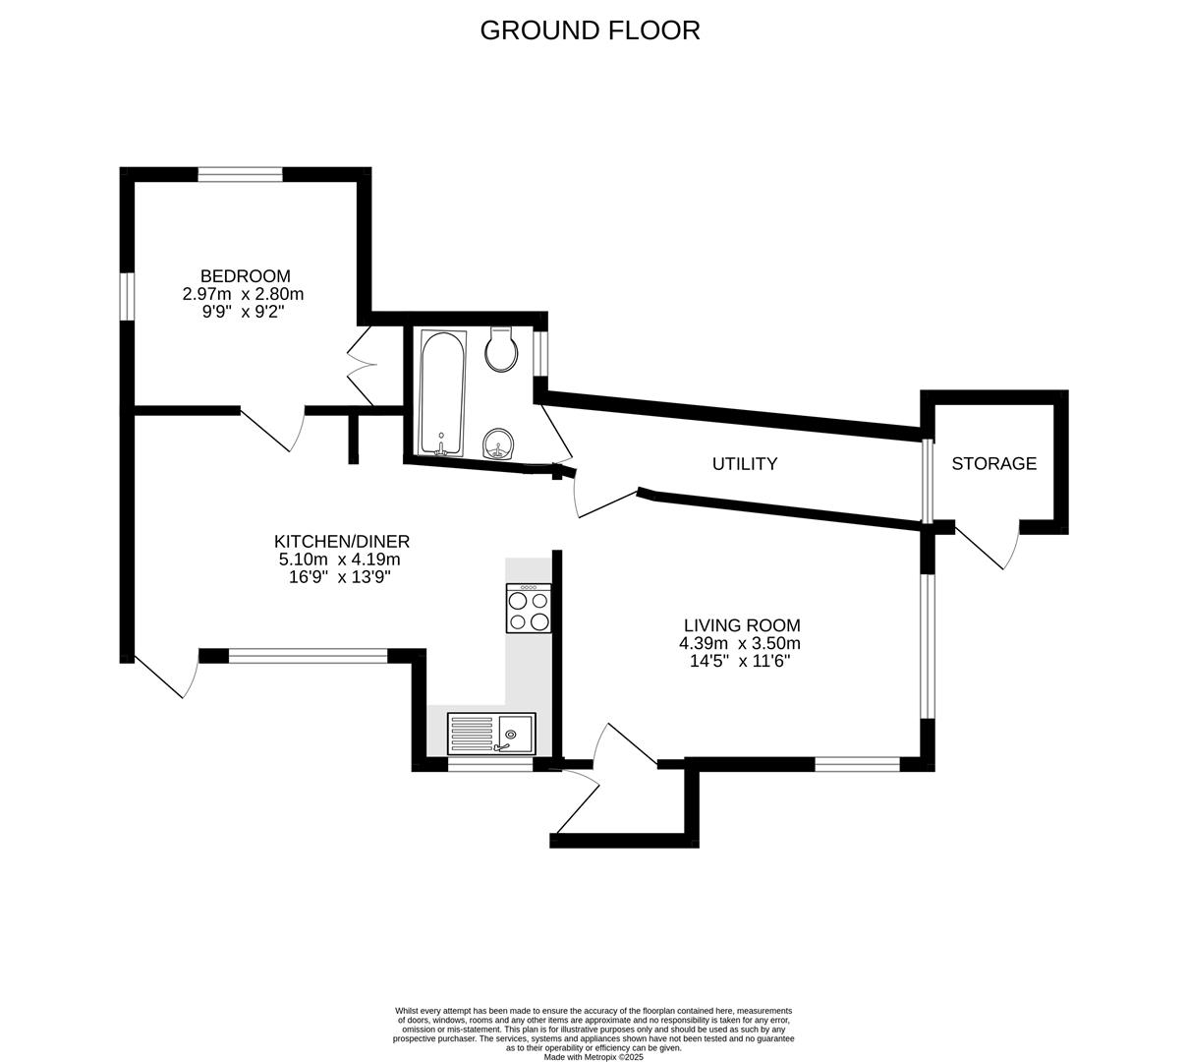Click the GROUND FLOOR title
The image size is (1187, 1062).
point(590,30)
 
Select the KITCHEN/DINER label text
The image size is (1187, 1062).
point(341,542)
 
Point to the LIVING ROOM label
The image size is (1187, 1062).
point(742,625)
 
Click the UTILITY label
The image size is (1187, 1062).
point(745,464)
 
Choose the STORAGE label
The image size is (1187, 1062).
point(993,463)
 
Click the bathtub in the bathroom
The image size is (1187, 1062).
point(442,393)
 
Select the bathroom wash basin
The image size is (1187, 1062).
point(500,444)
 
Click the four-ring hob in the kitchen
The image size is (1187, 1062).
point(529,609)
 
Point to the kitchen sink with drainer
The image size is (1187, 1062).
point(491,734)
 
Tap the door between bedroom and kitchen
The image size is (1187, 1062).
point(273,429)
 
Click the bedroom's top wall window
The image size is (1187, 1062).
point(240,175)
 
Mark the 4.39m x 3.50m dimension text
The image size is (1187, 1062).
point(740,644)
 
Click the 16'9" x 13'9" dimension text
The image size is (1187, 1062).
point(340,577)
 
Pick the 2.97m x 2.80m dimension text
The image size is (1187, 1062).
point(243,294)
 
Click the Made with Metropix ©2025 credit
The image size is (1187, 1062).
point(593,1057)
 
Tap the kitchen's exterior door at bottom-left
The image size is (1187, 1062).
point(160,676)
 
